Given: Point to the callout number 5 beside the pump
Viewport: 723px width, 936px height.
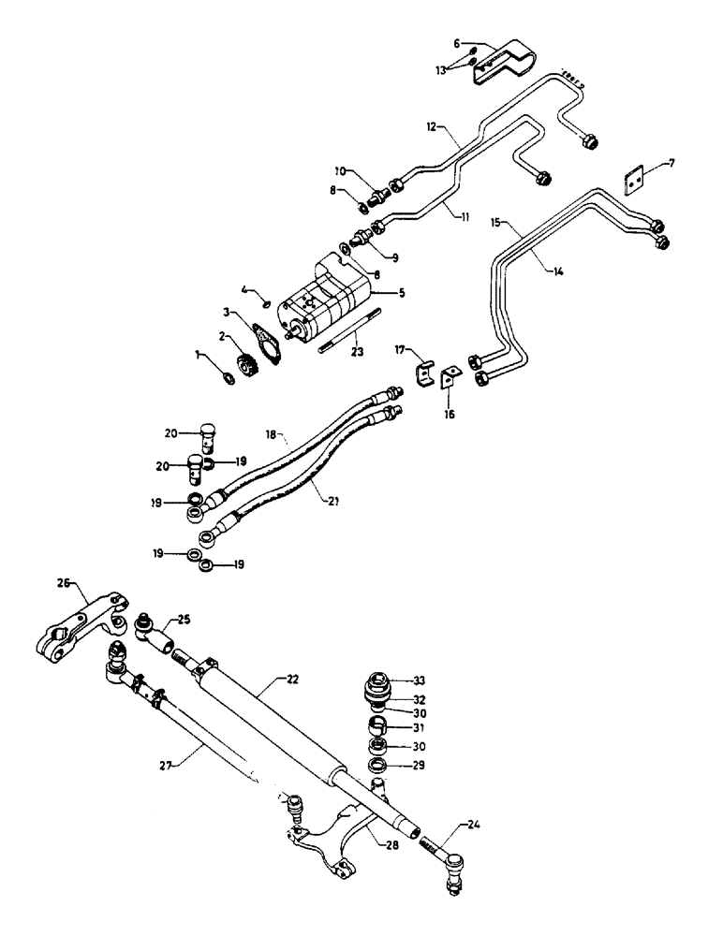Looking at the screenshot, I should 402,293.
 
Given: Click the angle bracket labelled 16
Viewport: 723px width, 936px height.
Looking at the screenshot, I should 450,379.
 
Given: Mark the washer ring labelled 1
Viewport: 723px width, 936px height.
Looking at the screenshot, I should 228,376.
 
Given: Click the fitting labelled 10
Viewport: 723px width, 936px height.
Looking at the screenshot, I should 377,196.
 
